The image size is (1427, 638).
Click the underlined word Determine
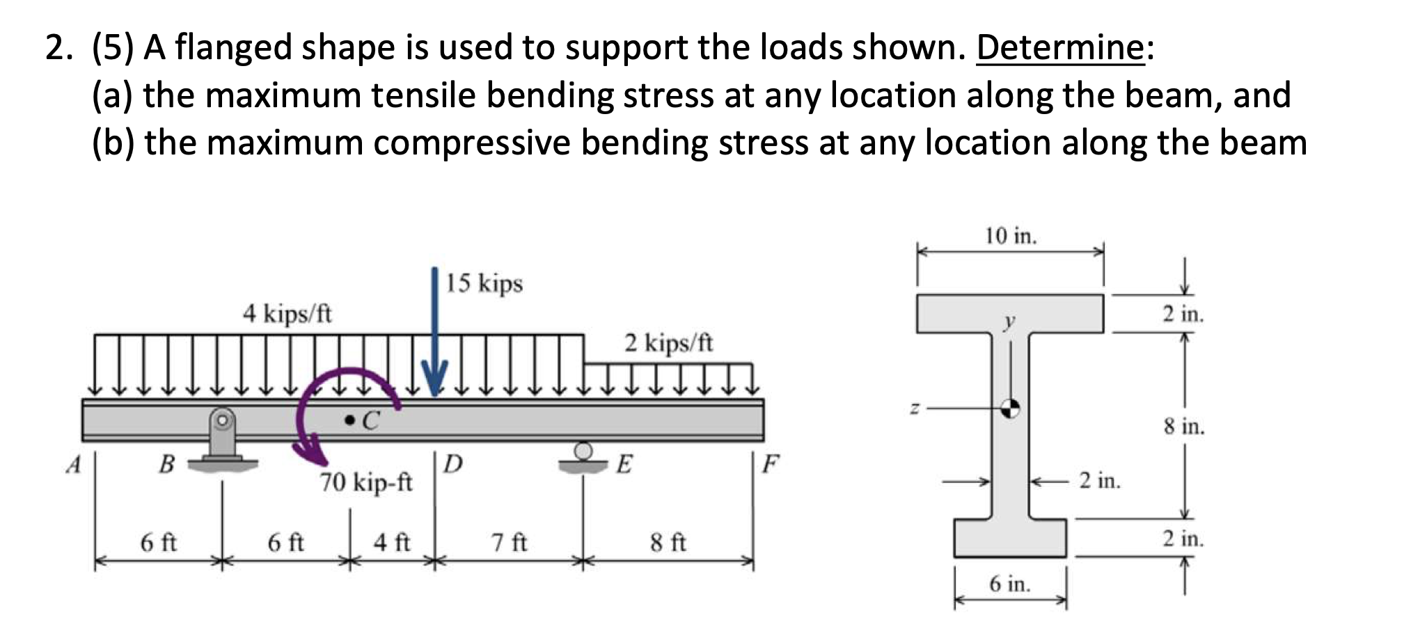pos(1059,48)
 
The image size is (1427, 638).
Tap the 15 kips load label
pos(484,284)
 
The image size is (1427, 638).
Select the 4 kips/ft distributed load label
pos(287,314)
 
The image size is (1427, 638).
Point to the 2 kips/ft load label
pos(668,343)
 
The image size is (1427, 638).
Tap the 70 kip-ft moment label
pos(366,481)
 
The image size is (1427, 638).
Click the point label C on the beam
pos(370,420)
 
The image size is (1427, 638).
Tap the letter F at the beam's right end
pos(771,463)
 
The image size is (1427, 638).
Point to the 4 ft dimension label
pos(391,542)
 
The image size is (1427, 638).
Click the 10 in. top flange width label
pos(1011,237)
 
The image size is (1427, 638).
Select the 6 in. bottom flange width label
pos(1009,584)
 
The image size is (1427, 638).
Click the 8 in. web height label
pos(1183,426)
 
